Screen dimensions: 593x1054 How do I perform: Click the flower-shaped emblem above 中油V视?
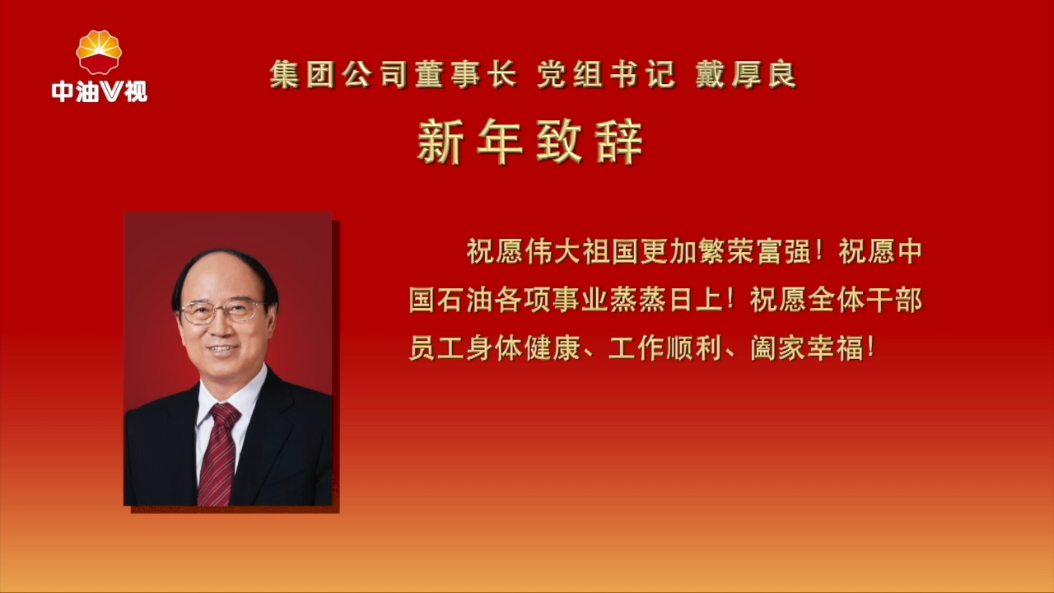tap(99, 52)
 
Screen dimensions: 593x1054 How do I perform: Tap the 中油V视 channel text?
tap(99, 91)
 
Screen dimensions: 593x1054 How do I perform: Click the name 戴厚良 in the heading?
tap(746, 76)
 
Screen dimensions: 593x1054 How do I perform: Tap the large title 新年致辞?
tap(529, 142)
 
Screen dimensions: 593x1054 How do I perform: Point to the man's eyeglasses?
tap(222, 311)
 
